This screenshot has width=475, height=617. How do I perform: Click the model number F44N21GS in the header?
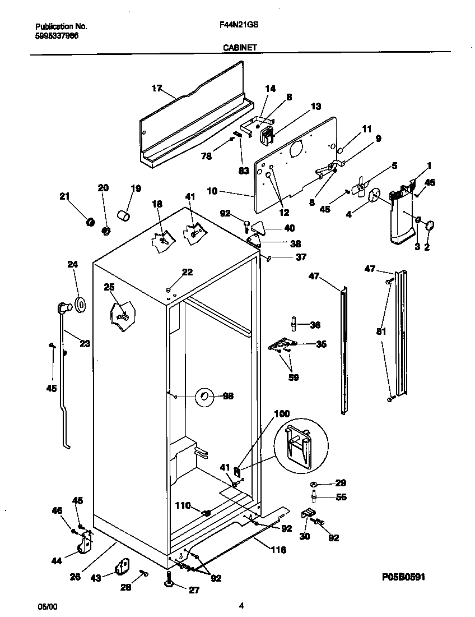(236, 26)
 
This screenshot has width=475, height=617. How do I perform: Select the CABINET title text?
(240, 48)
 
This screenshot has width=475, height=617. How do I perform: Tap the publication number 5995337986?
(57, 35)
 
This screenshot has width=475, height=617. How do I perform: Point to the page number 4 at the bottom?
(241, 605)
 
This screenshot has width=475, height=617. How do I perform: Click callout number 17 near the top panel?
(156, 88)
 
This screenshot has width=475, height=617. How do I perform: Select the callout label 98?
(228, 396)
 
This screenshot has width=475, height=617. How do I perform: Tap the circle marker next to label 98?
(204, 398)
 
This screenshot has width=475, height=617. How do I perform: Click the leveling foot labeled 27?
(171, 584)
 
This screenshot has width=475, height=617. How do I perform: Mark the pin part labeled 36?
(293, 325)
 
